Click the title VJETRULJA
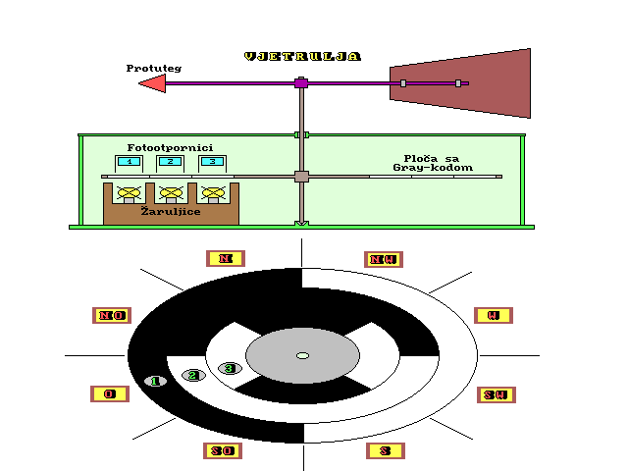(302, 56)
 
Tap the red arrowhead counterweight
(153, 84)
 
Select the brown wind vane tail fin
(462, 83)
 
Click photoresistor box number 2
(170, 161)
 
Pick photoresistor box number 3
(211, 161)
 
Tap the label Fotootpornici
(170, 147)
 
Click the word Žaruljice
(171, 210)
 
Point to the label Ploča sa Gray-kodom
(433, 163)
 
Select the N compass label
(226, 258)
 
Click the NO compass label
(110, 315)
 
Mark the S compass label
(385, 450)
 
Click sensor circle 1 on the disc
(155, 381)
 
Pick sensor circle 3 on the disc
(230, 368)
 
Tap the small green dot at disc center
(302, 355)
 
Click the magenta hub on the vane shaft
(301, 83)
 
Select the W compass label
(494, 315)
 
